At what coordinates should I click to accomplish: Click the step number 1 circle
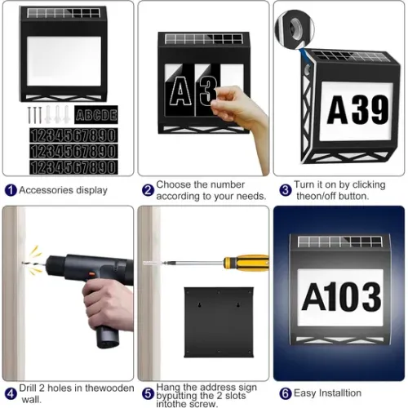coord(11,190)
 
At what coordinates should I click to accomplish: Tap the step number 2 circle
coord(148,190)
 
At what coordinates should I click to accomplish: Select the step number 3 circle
coord(286,190)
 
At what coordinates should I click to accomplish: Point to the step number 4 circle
coord(11,393)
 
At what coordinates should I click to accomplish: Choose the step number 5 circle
coord(148,393)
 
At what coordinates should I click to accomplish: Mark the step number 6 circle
coord(286,393)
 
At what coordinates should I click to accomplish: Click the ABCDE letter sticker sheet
coord(96,114)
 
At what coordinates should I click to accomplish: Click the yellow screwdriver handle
coord(246,263)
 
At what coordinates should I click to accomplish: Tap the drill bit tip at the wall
coord(23,263)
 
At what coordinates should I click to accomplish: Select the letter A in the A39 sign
coord(339,110)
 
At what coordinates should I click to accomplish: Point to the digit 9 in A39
coord(379,110)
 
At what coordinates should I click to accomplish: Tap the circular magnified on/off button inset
coord(295,29)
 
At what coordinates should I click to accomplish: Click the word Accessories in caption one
coord(47,190)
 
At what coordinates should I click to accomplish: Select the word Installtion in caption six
coord(340,393)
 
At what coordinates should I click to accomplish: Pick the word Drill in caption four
coord(28,388)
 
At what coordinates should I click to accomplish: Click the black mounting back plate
coord(219,322)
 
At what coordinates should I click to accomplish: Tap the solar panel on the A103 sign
coord(340,242)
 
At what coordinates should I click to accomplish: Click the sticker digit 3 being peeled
coord(208,91)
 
